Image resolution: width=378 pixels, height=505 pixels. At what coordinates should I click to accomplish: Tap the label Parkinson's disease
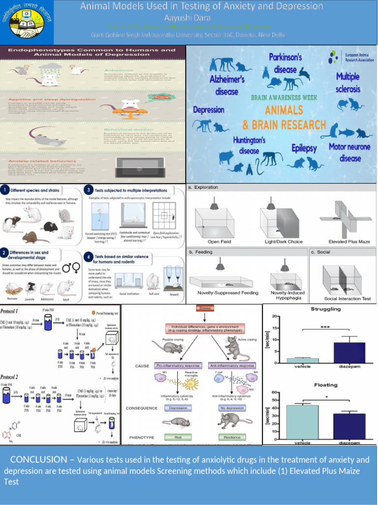coord(285,63)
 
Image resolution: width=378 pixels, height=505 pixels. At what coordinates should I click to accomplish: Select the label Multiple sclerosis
coord(348,83)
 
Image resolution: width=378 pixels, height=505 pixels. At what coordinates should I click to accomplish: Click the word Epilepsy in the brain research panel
coord(304,148)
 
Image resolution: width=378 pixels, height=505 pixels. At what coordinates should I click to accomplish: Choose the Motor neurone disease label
coord(350,152)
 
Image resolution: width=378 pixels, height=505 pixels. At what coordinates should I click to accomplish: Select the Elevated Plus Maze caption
coord(349,242)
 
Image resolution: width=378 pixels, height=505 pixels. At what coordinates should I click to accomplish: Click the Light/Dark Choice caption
coord(283,242)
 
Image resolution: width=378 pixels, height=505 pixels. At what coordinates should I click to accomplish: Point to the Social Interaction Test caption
coord(347,298)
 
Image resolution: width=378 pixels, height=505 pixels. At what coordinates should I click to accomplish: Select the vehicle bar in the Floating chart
coord(302,422)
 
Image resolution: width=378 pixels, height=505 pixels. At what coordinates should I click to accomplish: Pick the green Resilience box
coord(232,437)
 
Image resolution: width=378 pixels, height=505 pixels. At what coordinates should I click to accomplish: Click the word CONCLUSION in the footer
coord(39,460)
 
